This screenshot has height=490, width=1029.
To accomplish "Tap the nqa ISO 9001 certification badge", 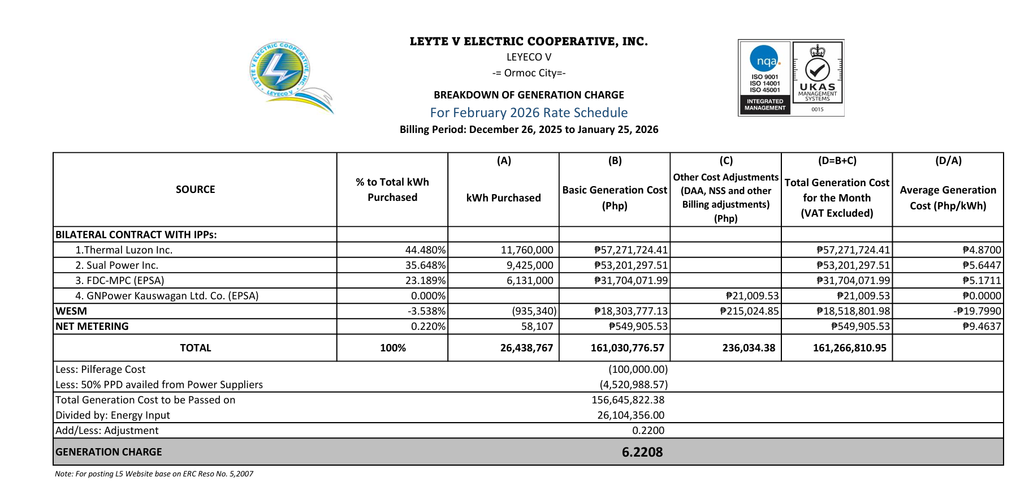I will (x=764, y=78).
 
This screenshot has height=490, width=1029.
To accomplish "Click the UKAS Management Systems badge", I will (x=818, y=78).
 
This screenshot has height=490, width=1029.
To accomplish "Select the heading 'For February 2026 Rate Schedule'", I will (x=529, y=113).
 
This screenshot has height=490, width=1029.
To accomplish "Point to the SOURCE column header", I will (x=195, y=190).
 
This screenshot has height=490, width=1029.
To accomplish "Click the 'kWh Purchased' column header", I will (x=503, y=197).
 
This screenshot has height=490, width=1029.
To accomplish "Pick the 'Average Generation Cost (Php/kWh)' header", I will (x=948, y=197).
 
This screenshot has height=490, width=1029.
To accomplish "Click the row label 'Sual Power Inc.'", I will (x=122, y=265).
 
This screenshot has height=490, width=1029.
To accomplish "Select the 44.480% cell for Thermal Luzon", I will (x=425, y=250).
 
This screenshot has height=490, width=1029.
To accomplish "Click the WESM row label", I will (x=71, y=311).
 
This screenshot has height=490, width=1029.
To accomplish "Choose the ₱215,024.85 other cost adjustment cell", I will (x=749, y=311).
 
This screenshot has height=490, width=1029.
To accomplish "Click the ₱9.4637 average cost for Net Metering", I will (x=982, y=326).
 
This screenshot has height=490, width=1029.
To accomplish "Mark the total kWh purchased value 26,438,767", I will (x=526, y=348).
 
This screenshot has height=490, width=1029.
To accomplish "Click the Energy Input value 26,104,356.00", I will (x=630, y=415).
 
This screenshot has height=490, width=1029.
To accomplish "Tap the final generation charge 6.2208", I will (x=642, y=452).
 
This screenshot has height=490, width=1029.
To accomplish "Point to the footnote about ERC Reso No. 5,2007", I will (x=154, y=474).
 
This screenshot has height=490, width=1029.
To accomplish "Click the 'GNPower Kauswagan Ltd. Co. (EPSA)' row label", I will (x=167, y=296).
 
